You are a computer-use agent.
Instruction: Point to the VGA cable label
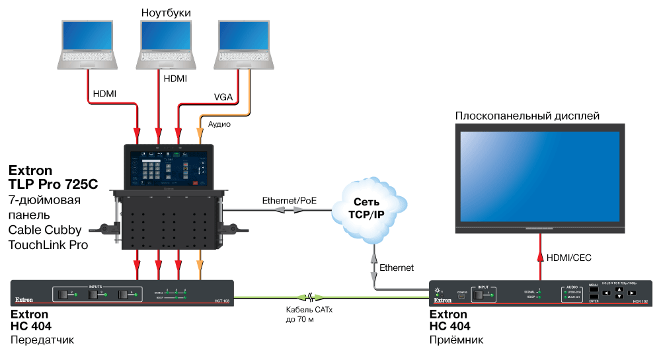pyautogui.click(x=223, y=96)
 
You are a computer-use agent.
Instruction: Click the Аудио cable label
pyautogui.click(x=219, y=124)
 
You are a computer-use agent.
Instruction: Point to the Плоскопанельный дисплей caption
pyautogui.click(x=527, y=116)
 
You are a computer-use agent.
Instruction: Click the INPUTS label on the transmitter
pyautogui.click(x=97, y=286)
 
